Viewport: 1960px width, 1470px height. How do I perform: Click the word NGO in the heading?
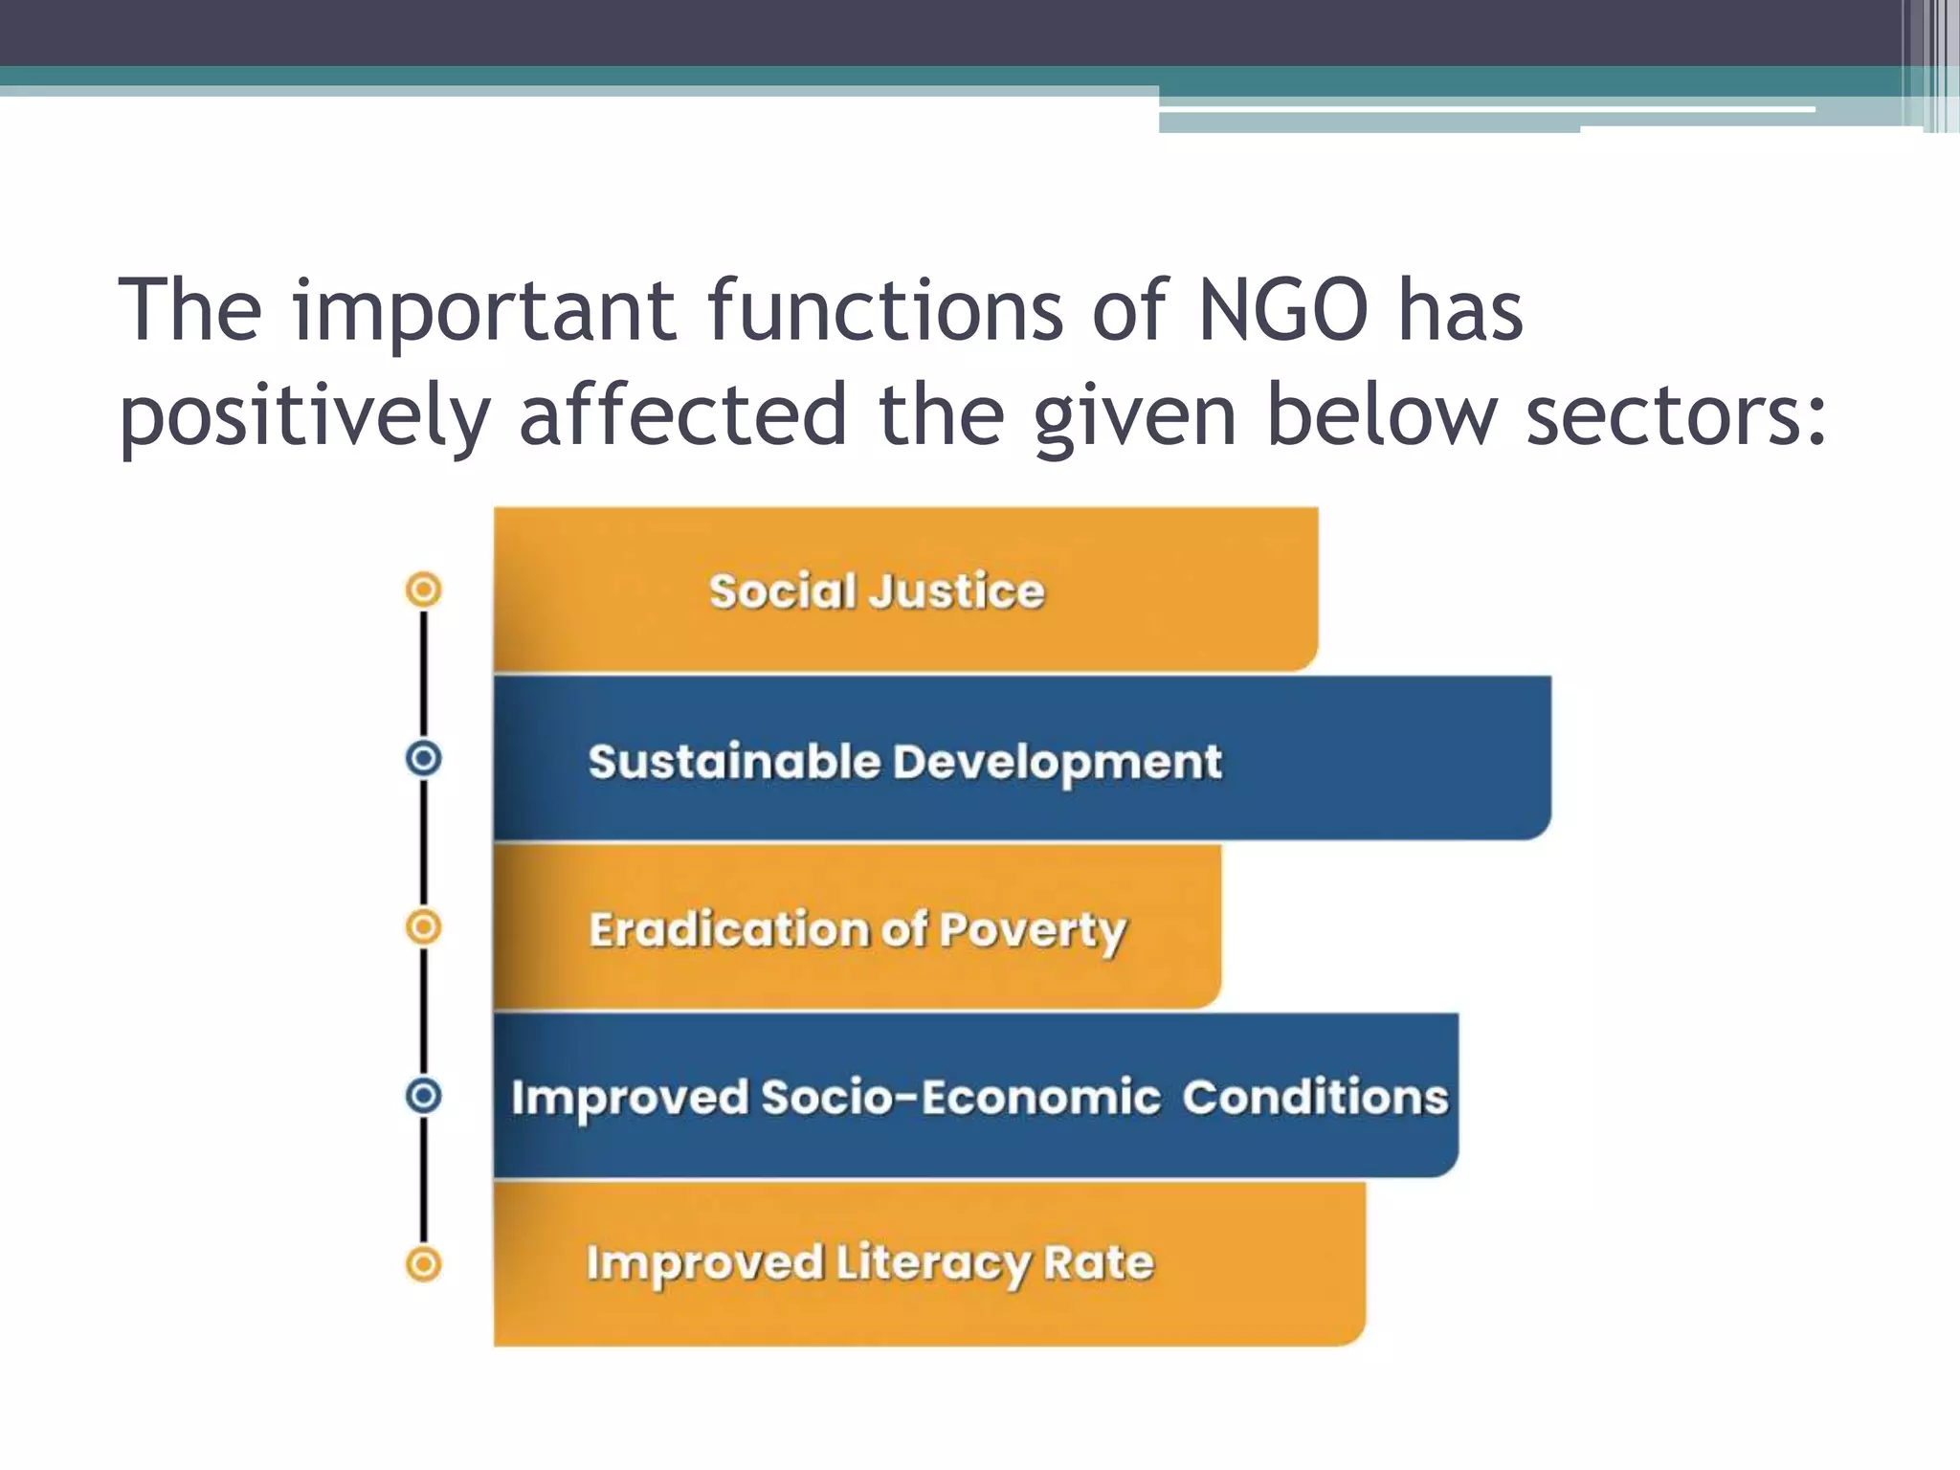point(1282,310)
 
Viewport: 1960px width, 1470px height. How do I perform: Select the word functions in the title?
point(885,310)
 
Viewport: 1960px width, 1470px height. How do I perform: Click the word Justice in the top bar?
point(957,590)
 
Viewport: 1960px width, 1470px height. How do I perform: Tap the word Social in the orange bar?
point(782,590)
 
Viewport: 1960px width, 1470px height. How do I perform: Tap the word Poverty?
point(1034,931)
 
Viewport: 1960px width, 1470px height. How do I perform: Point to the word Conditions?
point(1316,1097)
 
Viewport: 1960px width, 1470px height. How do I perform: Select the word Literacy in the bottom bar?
point(933,1264)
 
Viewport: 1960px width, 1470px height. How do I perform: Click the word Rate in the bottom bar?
point(1099,1262)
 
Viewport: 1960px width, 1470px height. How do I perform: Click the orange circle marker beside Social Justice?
point(424,590)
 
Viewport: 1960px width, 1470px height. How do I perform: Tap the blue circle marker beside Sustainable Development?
point(424,759)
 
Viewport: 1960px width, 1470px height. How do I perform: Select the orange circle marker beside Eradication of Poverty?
point(424,927)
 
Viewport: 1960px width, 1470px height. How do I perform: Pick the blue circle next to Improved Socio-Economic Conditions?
point(424,1095)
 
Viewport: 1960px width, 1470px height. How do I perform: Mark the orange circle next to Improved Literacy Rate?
point(424,1264)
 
